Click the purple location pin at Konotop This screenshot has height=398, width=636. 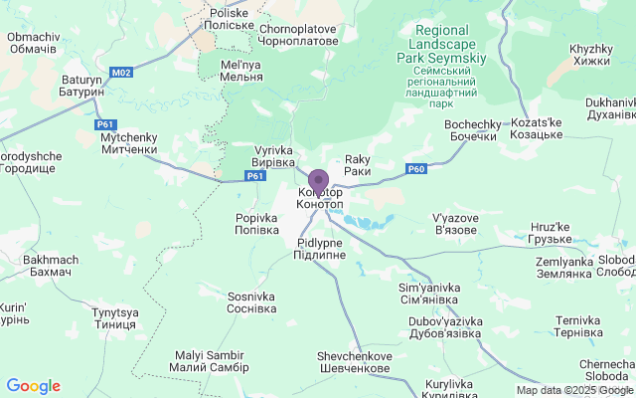click(318, 182)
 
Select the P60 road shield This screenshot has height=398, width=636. click(416, 168)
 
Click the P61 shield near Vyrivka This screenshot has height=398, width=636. click(255, 176)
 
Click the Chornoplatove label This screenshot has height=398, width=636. click(298, 35)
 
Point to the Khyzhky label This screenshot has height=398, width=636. click(590, 55)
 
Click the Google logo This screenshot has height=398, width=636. click(33, 386)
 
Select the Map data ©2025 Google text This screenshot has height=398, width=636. click(574, 390)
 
